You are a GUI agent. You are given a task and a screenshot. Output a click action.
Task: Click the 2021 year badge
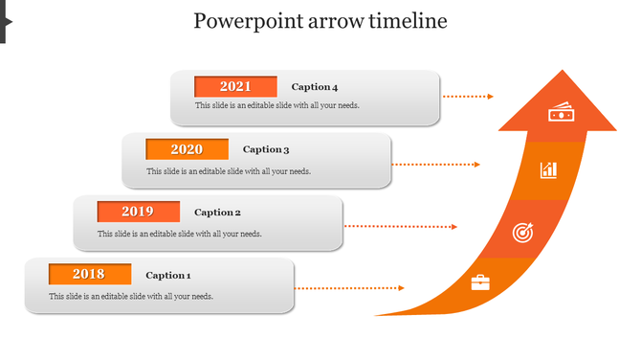pos(235,86)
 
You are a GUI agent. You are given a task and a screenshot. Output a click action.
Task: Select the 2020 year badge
pos(187,149)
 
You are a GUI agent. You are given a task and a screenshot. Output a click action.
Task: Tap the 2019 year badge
pos(138,212)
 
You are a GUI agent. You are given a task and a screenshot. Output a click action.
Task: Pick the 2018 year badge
pos(89,275)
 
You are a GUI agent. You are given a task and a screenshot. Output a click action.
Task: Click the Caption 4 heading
pos(315,87)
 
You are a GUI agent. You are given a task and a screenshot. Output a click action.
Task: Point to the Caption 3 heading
pos(266,149)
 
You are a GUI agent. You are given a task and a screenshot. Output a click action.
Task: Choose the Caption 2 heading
pos(217,213)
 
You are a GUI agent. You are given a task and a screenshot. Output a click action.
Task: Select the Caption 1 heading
pos(168,276)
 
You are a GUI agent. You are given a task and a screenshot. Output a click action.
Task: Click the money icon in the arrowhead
pos(560,114)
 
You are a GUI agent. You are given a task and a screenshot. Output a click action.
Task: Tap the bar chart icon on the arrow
pos(548,170)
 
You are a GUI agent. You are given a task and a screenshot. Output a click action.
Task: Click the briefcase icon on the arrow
pos(480,282)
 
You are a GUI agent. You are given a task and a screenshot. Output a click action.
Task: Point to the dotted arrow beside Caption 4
pos(469,97)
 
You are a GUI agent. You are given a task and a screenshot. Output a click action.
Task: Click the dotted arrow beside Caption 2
pos(401,227)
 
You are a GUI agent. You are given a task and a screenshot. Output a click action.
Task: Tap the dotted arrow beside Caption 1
pos(349,288)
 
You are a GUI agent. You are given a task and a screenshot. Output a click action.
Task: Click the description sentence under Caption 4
pos(277,105)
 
